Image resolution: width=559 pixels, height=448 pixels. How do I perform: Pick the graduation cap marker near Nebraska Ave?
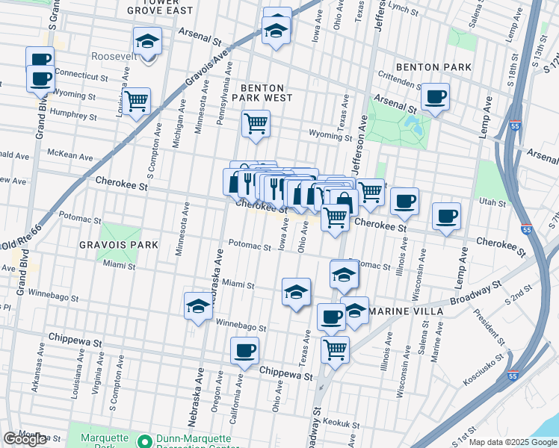(x=198, y=305)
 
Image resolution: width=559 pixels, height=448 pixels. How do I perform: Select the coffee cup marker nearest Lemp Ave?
(x=446, y=216)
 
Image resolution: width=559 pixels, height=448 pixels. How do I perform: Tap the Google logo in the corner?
(x=25, y=439)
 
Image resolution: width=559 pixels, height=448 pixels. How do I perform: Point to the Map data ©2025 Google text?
(x=512, y=442)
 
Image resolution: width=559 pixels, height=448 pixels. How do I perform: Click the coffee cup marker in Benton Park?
(x=435, y=96)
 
